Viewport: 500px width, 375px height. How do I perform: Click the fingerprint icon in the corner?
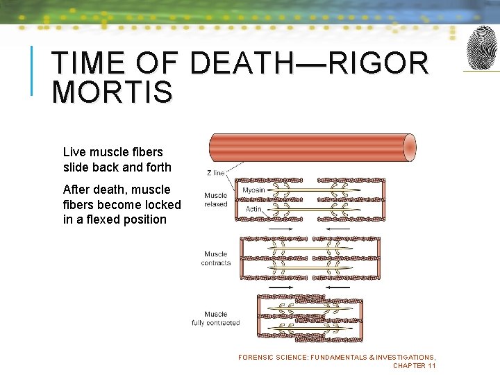481,48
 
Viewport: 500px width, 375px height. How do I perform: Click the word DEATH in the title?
242,64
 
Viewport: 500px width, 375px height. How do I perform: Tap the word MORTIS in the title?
112,92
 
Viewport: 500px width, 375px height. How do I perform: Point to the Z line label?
215,173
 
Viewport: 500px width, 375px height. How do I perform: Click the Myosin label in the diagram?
253,190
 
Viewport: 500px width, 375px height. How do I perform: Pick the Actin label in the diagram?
253,209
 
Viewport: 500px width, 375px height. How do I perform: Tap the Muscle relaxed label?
216,200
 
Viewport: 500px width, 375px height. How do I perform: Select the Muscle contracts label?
216,259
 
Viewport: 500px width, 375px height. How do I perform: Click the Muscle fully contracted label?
216,319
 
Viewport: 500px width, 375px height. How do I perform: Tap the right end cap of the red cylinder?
410,148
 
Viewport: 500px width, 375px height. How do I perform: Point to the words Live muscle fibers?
112,152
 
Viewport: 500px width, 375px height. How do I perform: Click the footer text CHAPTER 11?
414,366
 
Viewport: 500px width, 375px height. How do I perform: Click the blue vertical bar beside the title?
32,70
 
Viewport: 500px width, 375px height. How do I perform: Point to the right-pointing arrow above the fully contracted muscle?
280,287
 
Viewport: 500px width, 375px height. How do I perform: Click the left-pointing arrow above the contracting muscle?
338,229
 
